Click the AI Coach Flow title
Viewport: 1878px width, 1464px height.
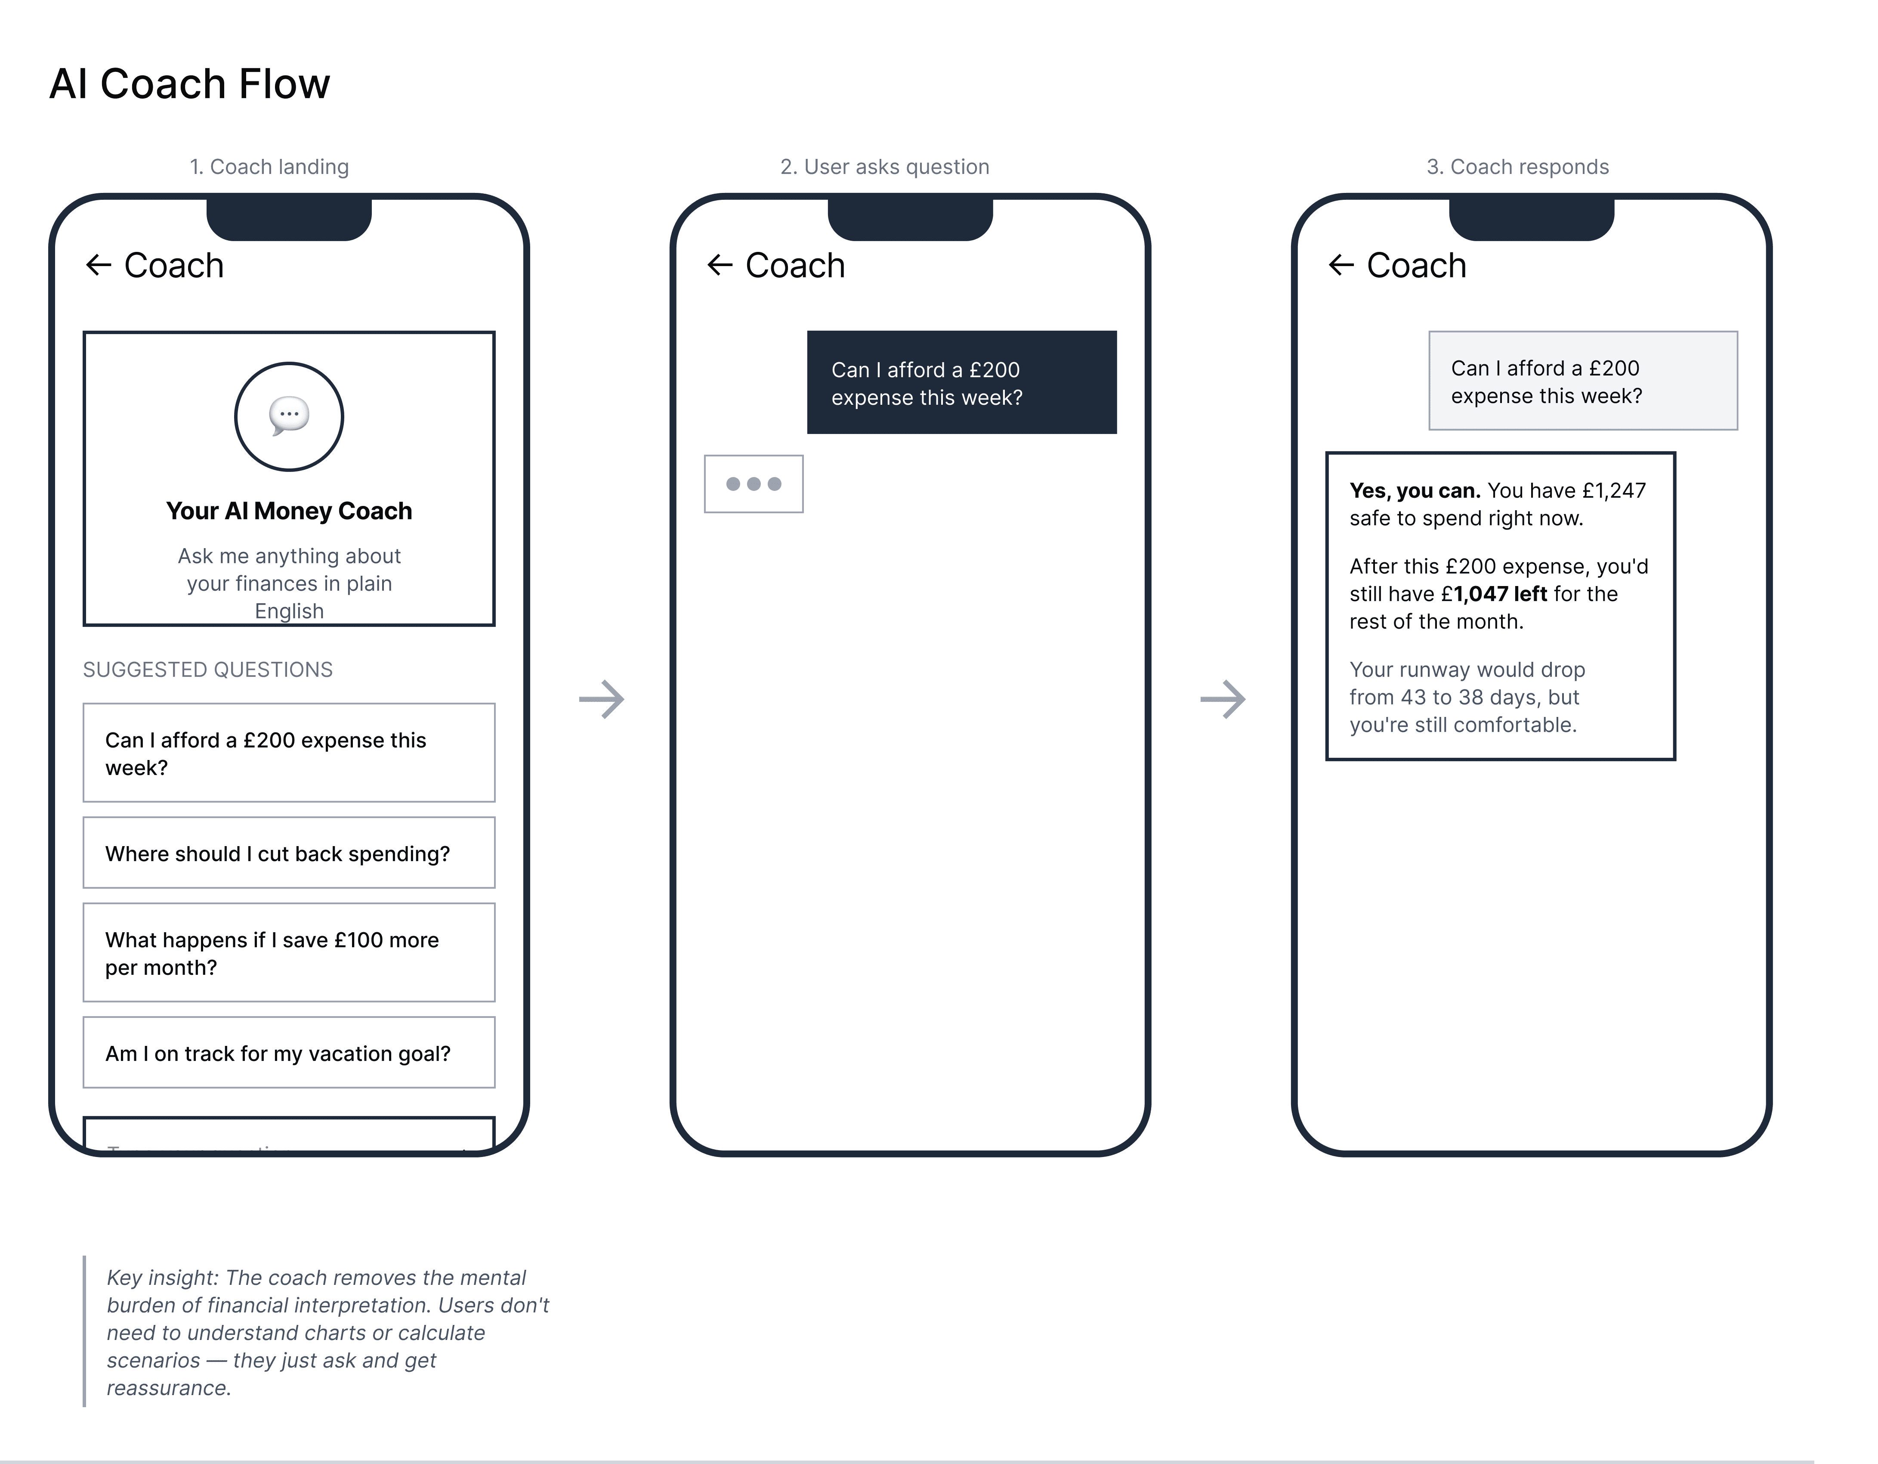189,84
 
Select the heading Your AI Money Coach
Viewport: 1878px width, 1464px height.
289,511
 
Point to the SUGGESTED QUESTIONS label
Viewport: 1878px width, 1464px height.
207,670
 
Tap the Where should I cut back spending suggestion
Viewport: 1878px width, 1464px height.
289,853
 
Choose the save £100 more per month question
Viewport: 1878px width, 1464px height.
289,953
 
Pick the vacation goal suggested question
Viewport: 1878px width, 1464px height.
289,1053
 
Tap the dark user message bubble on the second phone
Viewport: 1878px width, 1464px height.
961,383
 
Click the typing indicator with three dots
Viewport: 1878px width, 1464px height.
753,484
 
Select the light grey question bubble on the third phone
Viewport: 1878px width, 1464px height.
1583,381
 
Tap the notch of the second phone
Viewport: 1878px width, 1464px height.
910,219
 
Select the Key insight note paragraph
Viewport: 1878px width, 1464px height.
327,1332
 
